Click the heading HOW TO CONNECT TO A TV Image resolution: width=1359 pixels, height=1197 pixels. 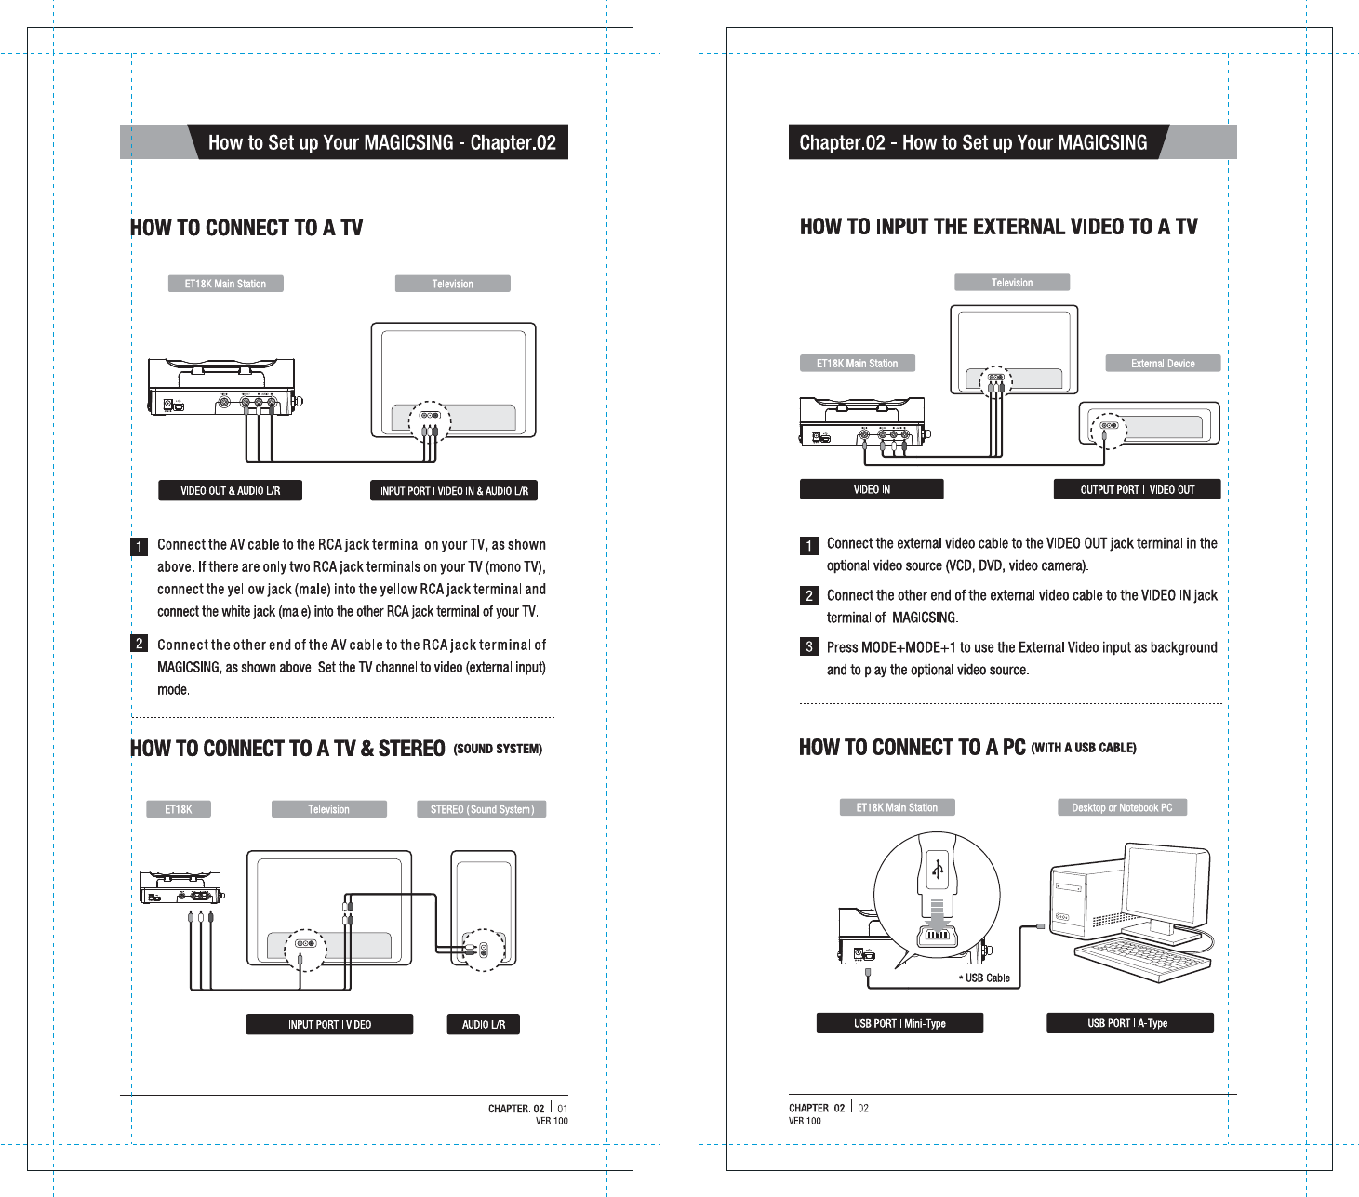[246, 228]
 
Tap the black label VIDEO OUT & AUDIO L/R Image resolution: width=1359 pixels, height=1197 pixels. [230, 491]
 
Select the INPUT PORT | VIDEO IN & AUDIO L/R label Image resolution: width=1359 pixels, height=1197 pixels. [454, 491]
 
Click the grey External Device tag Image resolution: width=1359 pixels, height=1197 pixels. [1163, 364]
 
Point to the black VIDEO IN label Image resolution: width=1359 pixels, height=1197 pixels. [872, 490]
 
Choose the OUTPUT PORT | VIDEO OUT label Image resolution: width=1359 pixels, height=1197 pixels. [1137, 490]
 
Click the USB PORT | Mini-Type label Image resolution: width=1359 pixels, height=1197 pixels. [899, 1024]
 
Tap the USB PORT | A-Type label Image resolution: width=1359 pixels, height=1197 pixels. [1129, 1023]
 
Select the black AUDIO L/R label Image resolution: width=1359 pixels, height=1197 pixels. [484, 1025]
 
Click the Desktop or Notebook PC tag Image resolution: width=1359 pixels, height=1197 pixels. [1122, 808]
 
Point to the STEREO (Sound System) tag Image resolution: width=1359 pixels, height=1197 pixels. [482, 810]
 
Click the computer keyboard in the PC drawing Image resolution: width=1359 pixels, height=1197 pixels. [1141, 957]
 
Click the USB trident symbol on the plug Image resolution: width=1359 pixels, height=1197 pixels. [938, 870]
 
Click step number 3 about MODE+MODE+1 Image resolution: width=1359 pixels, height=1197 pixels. [809, 647]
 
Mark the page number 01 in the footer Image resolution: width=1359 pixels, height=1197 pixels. [562, 1109]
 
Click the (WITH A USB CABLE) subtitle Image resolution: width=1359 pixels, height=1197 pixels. [1084, 749]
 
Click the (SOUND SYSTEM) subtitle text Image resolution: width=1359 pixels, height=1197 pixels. [498, 750]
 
